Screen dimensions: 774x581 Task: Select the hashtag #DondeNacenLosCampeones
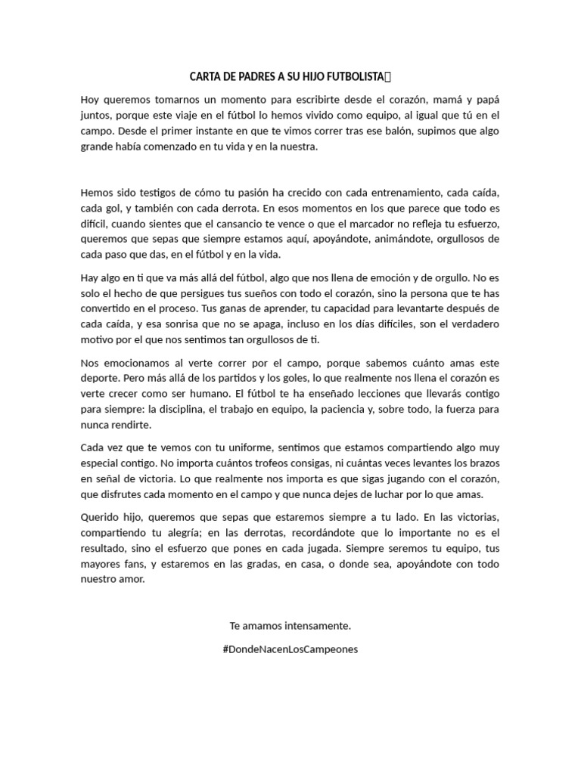pos(290,649)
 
